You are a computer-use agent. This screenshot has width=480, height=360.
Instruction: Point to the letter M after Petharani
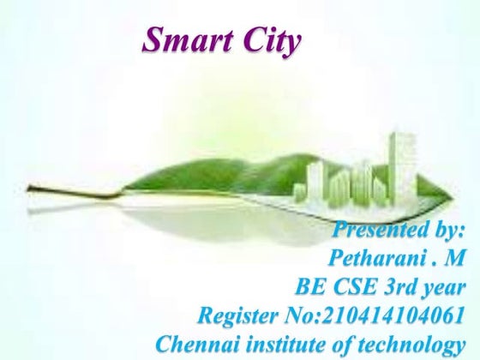[451, 258]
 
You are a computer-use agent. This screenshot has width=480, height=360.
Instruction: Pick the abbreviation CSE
[357, 286]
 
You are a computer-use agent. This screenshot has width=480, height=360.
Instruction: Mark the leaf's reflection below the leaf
[214, 219]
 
